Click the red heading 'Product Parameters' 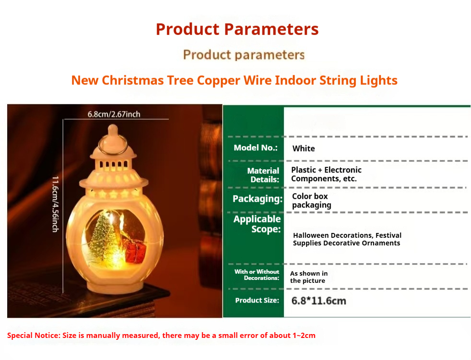(x=237, y=29)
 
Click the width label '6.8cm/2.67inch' (x=114, y=115)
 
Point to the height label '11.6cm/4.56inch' (x=55, y=204)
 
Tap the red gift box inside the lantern (x=135, y=251)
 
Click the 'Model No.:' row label (x=256, y=148)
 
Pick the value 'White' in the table (x=304, y=149)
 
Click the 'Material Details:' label (x=263, y=175)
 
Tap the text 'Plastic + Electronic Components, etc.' (x=326, y=174)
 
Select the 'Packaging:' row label (x=258, y=199)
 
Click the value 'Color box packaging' (x=311, y=200)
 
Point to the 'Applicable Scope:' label (x=257, y=224)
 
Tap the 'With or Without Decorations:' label (x=257, y=275)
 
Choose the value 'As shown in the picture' (x=309, y=277)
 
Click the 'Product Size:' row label (x=257, y=301)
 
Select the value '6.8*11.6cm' (x=318, y=301)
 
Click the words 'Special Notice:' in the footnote (x=34, y=336)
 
